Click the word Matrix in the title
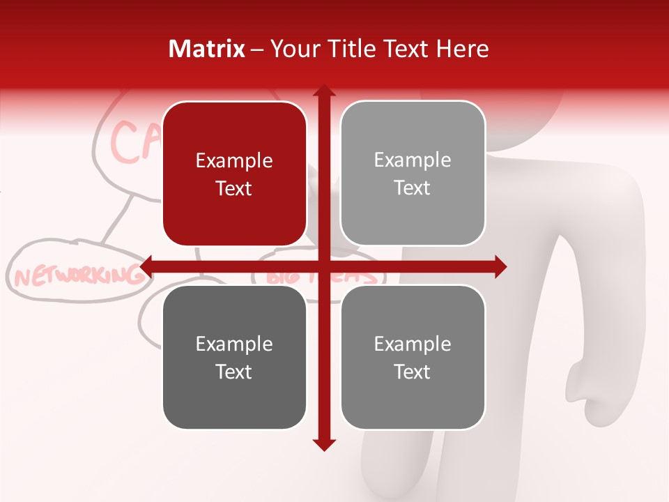tap(207, 49)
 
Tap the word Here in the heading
tap(463, 49)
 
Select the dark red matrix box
tap(234, 174)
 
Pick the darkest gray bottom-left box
tap(234, 357)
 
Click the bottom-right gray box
tap(413, 357)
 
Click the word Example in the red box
tap(234, 160)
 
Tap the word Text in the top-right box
tap(413, 188)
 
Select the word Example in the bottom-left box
tap(234, 344)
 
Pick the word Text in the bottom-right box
tap(413, 372)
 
